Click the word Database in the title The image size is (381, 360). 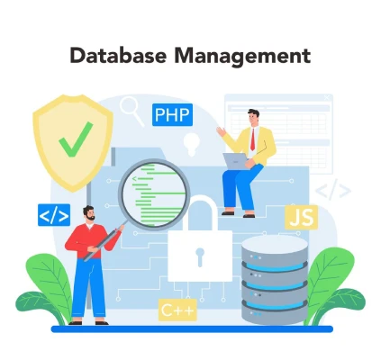[x=118, y=55]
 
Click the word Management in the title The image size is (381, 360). [x=242, y=57]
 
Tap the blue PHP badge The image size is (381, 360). [x=172, y=114]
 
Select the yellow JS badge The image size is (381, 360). [x=301, y=217]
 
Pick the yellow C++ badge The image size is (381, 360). [x=177, y=310]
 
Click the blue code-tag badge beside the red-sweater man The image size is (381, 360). [x=54, y=215]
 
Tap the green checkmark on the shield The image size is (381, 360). [x=76, y=139]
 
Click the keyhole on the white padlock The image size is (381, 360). [x=200, y=256]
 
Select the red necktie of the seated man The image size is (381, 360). [x=252, y=139]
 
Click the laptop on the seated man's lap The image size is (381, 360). [x=236, y=161]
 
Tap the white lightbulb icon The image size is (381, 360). [x=192, y=144]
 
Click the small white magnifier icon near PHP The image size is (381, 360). [x=132, y=111]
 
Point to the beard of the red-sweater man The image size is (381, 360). [x=90, y=217]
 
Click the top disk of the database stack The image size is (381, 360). [x=275, y=251]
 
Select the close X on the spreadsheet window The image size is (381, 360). [x=327, y=97]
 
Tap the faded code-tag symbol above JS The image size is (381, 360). [x=333, y=190]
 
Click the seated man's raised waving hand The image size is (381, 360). [x=222, y=131]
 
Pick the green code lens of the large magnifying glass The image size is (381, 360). [x=154, y=194]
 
